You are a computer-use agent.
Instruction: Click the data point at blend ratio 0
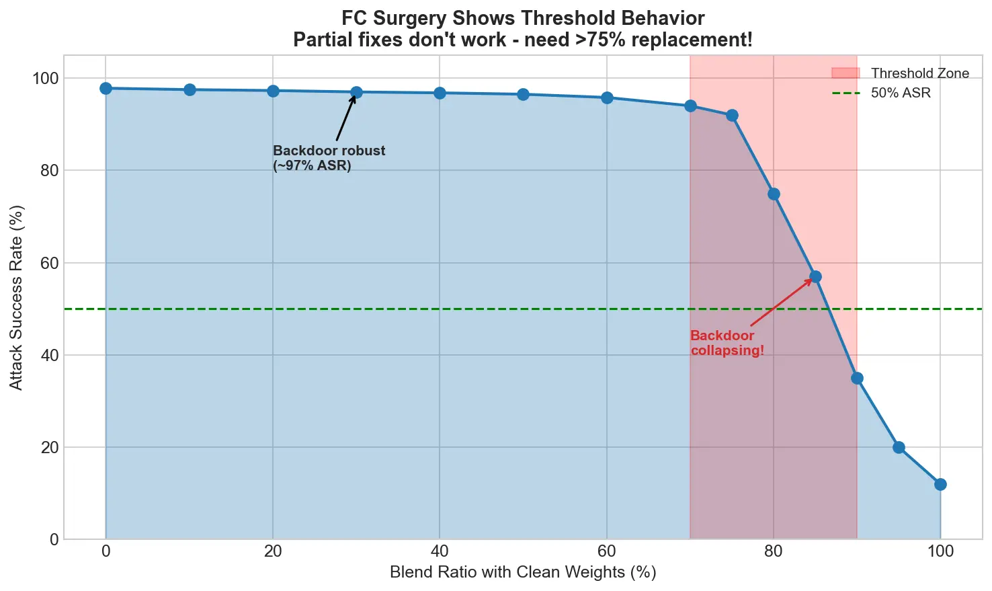click(106, 89)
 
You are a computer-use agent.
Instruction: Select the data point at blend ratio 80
click(774, 194)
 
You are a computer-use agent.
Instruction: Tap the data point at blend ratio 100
click(940, 484)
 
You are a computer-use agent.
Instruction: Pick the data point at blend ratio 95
click(899, 447)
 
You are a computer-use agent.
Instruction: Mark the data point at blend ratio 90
click(857, 378)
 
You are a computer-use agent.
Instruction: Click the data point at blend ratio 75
click(732, 116)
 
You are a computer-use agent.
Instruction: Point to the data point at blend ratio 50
click(523, 94)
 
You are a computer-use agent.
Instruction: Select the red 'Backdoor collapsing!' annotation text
click(727, 343)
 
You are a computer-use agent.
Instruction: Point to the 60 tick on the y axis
click(50, 263)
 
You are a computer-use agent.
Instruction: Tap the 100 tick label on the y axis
click(46, 79)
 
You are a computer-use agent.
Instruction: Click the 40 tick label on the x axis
click(440, 552)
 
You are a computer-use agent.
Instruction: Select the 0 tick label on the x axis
click(106, 552)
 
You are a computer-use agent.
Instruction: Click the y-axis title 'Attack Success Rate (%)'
click(17, 297)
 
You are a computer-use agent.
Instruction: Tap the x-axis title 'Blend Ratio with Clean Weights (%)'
click(522, 573)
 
